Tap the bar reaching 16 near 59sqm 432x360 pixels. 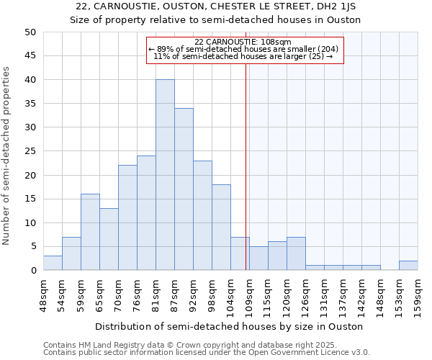(x=90, y=232)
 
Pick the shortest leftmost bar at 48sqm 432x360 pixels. (x=53, y=263)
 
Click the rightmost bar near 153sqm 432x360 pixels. (x=408, y=266)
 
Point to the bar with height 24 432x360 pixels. (x=146, y=213)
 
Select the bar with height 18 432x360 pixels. (x=221, y=228)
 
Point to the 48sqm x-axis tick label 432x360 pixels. (x=44, y=294)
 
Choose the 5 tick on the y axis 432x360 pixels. (x=33, y=247)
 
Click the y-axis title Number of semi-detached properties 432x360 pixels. (x=7, y=155)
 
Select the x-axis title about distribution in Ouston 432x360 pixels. (x=228, y=326)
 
